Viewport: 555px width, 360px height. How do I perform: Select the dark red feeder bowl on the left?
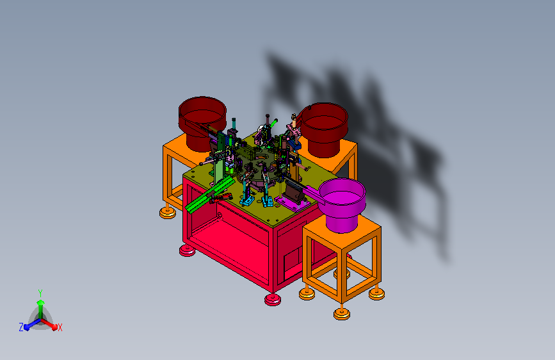pos(202,122)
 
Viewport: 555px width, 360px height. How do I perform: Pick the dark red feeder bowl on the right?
pos(324,129)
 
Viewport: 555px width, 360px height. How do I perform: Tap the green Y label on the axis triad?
pos(40,293)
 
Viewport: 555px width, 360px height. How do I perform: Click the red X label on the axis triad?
pos(60,327)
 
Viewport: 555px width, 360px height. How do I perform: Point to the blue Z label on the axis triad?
pos(21,327)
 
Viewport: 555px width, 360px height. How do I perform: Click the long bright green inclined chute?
pos(209,195)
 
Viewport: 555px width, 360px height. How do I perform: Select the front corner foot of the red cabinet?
pos(273,300)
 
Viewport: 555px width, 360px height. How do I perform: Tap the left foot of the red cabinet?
pos(188,250)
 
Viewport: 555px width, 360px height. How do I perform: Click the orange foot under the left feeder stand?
pos(168,212)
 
